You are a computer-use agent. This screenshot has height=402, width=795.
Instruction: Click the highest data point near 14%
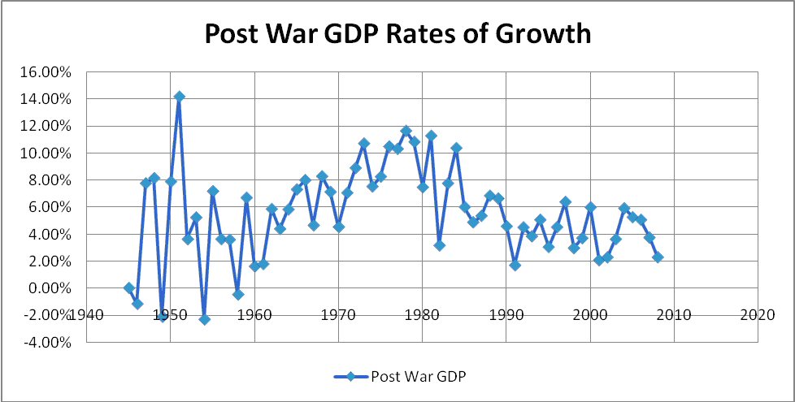point(179,97)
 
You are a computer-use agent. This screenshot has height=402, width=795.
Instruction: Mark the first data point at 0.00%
point(128,288)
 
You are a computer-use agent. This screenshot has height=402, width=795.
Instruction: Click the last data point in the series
point(658,257)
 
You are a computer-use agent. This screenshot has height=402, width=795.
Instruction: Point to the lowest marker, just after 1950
point(204,320)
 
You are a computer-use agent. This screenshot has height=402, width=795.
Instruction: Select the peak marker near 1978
point(406,131)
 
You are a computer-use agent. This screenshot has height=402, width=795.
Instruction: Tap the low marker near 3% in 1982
point(439,245)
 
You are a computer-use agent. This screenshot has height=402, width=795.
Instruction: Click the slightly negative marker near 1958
point(237,295)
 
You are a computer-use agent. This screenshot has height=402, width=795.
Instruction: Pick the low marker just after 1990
point(515,266)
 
